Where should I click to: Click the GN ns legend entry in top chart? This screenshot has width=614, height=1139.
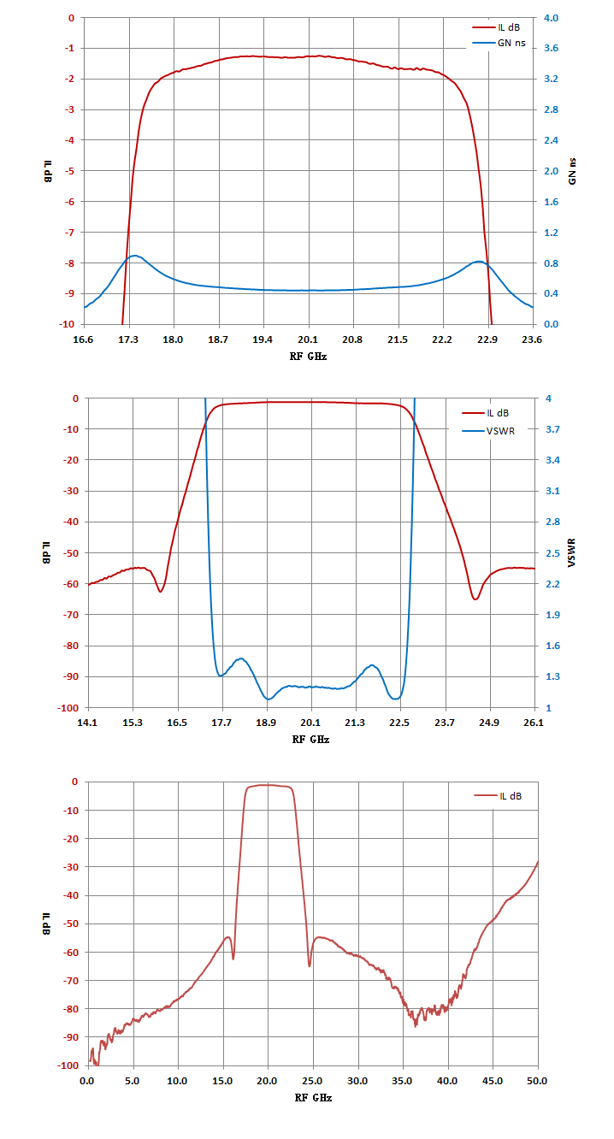[499, 43]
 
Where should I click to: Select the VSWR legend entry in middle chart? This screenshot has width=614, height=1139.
[488, 431]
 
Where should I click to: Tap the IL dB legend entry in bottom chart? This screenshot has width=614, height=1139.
[498, 796]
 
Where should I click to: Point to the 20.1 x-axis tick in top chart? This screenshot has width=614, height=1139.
[308, 339]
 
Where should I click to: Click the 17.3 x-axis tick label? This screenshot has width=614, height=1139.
[128, 339]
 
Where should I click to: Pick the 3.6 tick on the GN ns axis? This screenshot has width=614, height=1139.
[551, 48]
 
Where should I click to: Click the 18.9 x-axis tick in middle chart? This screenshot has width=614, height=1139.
[266, 723]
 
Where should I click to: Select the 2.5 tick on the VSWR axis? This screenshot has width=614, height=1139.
[552, 553]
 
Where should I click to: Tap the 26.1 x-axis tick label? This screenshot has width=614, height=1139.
[534, 723]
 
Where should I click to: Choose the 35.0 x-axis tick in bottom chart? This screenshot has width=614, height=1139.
[402, 1081]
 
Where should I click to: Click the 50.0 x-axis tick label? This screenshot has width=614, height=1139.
[537, 1081]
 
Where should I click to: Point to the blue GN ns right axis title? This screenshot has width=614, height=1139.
[572, 171]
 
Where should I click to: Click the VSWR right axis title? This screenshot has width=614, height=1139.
[572, 552]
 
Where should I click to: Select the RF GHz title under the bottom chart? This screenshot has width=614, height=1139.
[313, 1098]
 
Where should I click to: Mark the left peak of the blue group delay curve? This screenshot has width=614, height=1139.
[135, 256]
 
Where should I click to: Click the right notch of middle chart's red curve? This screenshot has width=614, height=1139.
[475, 599]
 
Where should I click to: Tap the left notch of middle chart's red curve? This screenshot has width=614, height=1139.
[160, 592]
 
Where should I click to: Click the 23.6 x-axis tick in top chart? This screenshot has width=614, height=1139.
[532, 339]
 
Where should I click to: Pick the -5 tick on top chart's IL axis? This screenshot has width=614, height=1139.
[69, 171]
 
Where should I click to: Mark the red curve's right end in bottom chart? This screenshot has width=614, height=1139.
[538, 861]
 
